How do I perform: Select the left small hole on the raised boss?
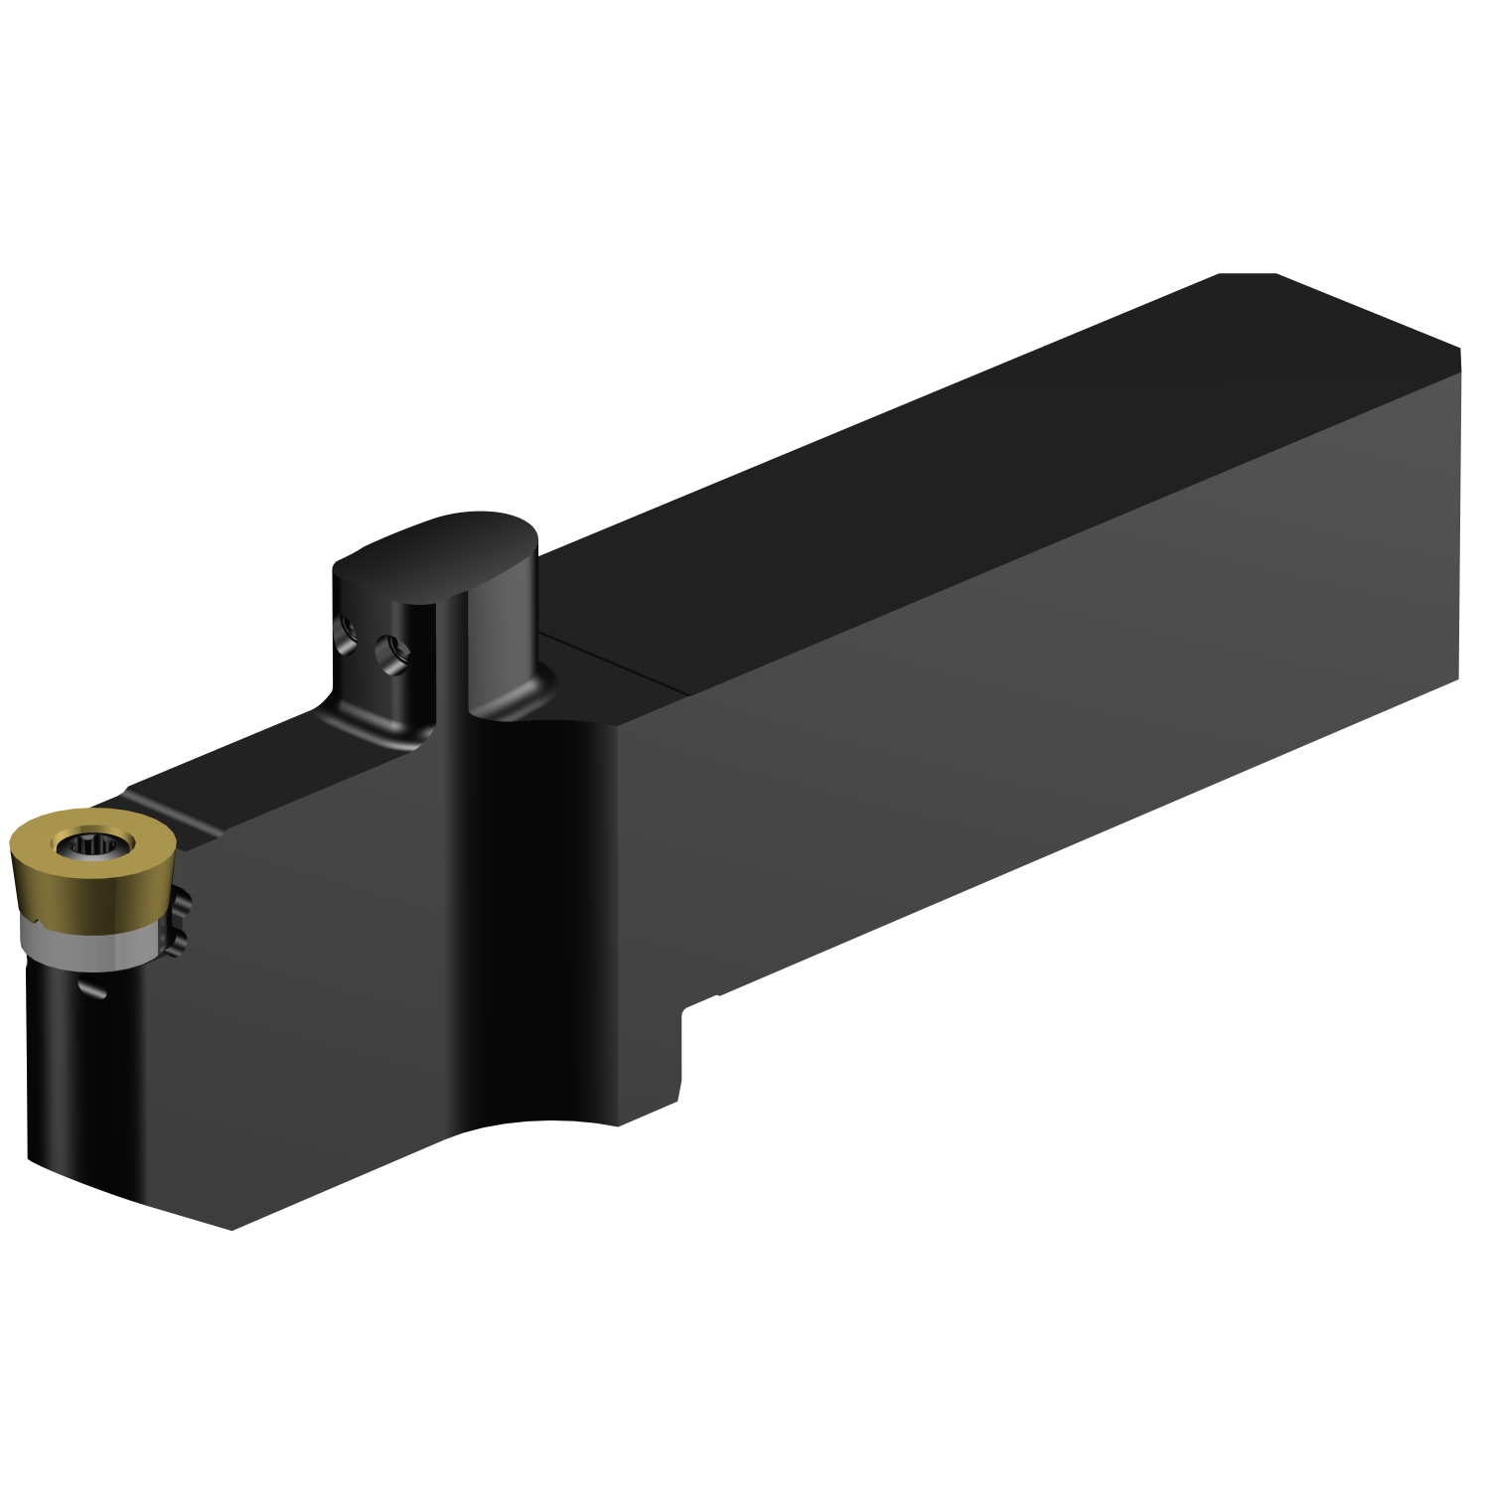(348, 628)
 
